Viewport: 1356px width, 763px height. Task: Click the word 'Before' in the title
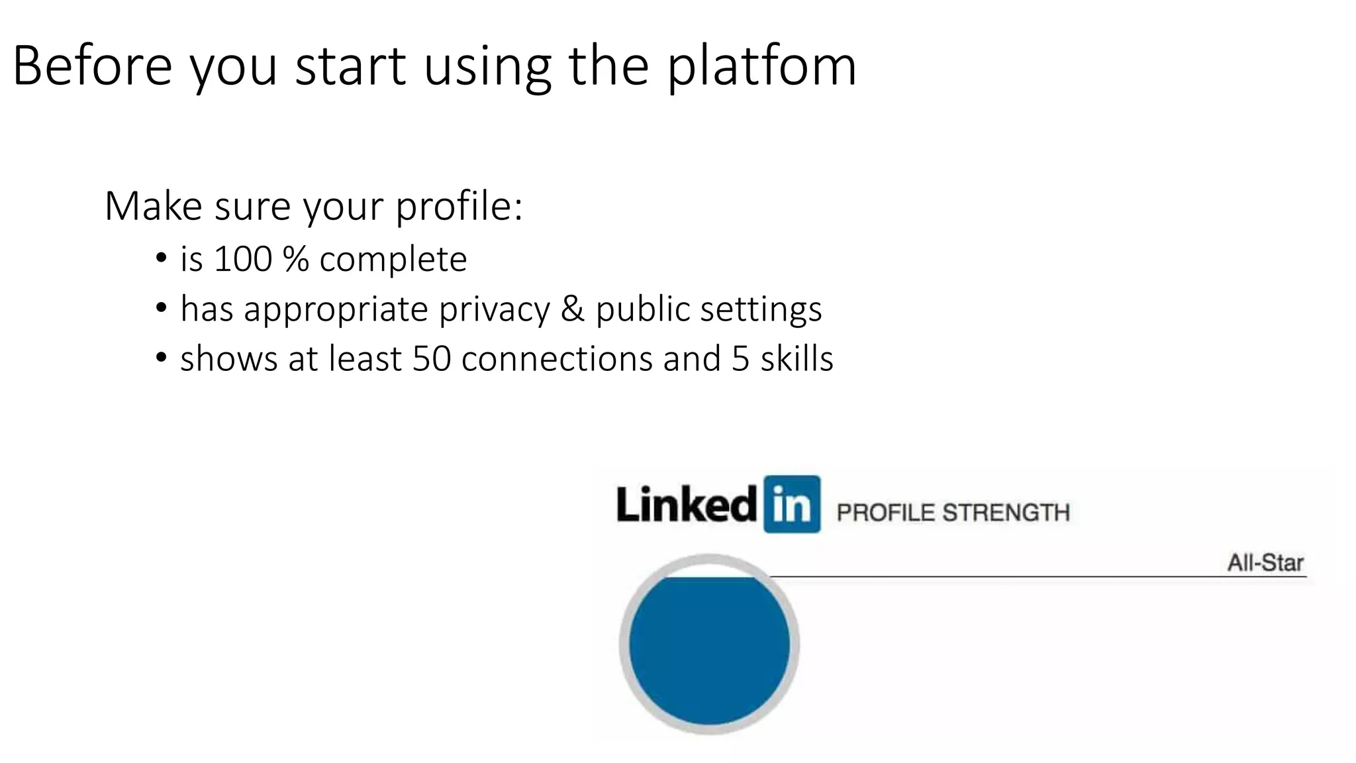[x=93, y=66]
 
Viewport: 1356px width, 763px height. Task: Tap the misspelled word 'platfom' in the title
[x=761, y=68]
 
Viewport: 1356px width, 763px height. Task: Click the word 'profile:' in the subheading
[x=459, y=207]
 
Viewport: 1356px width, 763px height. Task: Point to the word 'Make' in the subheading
[x=154, y=206]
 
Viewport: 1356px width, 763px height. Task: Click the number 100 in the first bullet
[x=243, y=258]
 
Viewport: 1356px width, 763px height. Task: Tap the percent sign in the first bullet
[x=295, y=258]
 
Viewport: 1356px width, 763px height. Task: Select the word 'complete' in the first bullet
[x=393, y=260]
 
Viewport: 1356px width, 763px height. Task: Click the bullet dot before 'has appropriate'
[x=161, y=309]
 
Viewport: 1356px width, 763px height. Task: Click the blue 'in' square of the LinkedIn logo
[x=792, y=504]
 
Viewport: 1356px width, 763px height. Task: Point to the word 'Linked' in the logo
[x=687, y=505]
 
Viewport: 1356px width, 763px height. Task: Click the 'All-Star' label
[x=1265, y=563]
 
